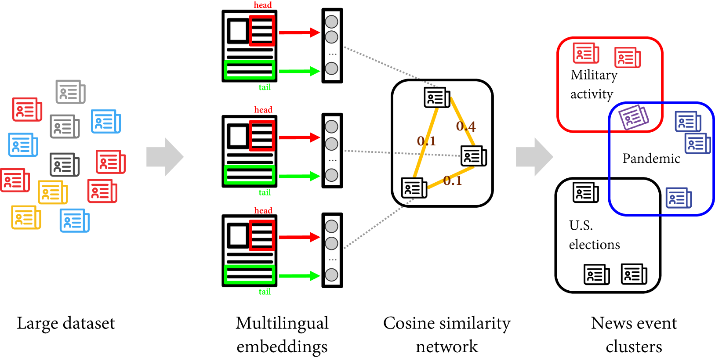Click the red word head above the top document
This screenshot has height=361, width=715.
coord(263,5)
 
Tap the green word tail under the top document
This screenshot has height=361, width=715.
coord(265,87)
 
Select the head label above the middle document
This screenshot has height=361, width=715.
coord(263,109)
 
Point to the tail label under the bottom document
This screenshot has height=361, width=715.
coord(265,292)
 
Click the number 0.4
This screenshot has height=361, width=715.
coord(466,126)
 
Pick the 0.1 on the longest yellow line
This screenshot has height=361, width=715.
coord(426,141)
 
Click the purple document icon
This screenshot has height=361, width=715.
coord(633,117)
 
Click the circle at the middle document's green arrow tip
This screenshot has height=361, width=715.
coord(331,175)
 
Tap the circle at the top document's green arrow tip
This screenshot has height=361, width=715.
coord(331,69)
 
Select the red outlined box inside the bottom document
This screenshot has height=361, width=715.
coord(262,235)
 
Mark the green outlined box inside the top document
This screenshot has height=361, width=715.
coord(250,70)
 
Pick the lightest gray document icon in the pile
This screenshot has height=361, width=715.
coord(70,92)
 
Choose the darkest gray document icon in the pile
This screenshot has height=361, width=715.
coord(64,165)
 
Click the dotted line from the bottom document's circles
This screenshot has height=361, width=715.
coord(378,224)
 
